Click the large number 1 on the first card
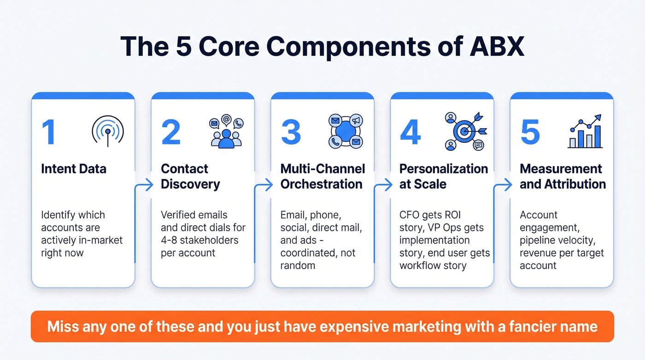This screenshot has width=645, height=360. coord(49,132)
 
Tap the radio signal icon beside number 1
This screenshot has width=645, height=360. coord(108,131)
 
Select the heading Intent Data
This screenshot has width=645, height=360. coord(74,169)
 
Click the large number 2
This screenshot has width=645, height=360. coord(171,132)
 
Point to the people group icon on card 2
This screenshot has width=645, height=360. coord(226,132)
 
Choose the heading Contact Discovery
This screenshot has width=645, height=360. coord(190,176)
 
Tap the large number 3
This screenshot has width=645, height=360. coord(291,132)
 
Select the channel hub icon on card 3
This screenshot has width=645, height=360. coord(346,131)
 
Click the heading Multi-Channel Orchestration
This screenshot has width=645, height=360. coord(322,176)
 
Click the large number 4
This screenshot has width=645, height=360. coord(410,132)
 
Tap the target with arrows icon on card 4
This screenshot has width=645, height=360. coord(465,131)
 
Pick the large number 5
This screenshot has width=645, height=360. coord(530,132)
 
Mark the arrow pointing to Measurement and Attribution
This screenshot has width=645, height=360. coord(506,185)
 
